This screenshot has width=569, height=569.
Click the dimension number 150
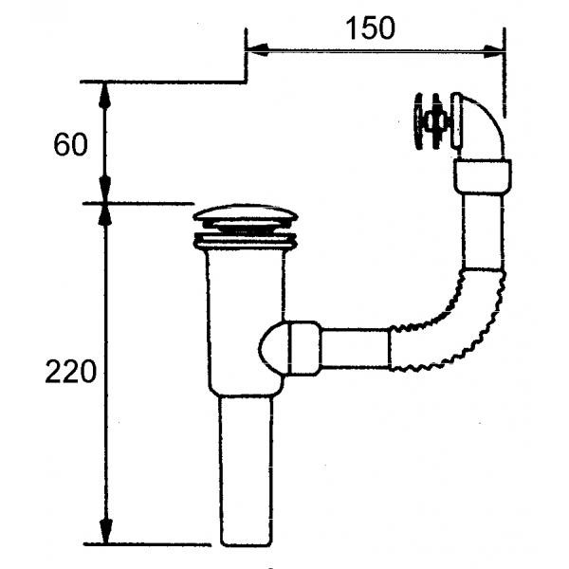point(370,28)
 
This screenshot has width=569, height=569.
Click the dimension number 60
point(70,144)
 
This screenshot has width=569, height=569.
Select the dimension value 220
point(71,371)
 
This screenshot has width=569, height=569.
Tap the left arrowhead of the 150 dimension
point(258,50)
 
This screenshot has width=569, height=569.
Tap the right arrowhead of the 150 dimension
point(494,51)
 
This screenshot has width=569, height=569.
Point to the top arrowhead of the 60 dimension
point(104,95)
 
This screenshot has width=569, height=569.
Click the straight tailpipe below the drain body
point(246,471)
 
